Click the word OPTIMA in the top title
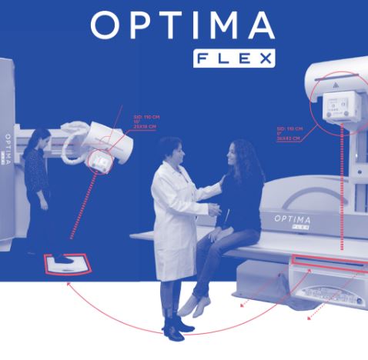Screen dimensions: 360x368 click(x=182, y=25)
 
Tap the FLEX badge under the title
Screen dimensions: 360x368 click(x=233, y=58)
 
